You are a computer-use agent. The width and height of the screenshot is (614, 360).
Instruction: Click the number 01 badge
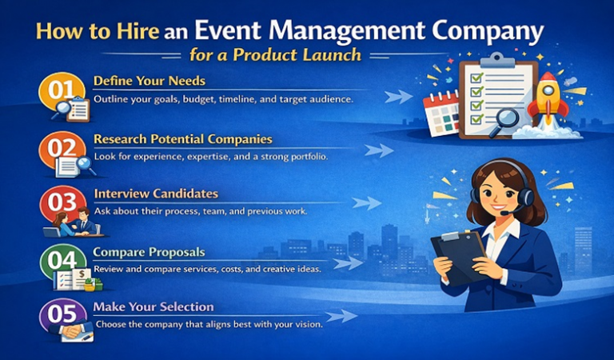coord(60,90)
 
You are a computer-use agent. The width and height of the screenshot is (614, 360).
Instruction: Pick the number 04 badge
coord(60,260)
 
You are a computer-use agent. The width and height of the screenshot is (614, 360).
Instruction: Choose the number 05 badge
coord(61,314)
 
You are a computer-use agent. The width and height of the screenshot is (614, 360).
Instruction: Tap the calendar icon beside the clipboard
coord(441,112)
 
